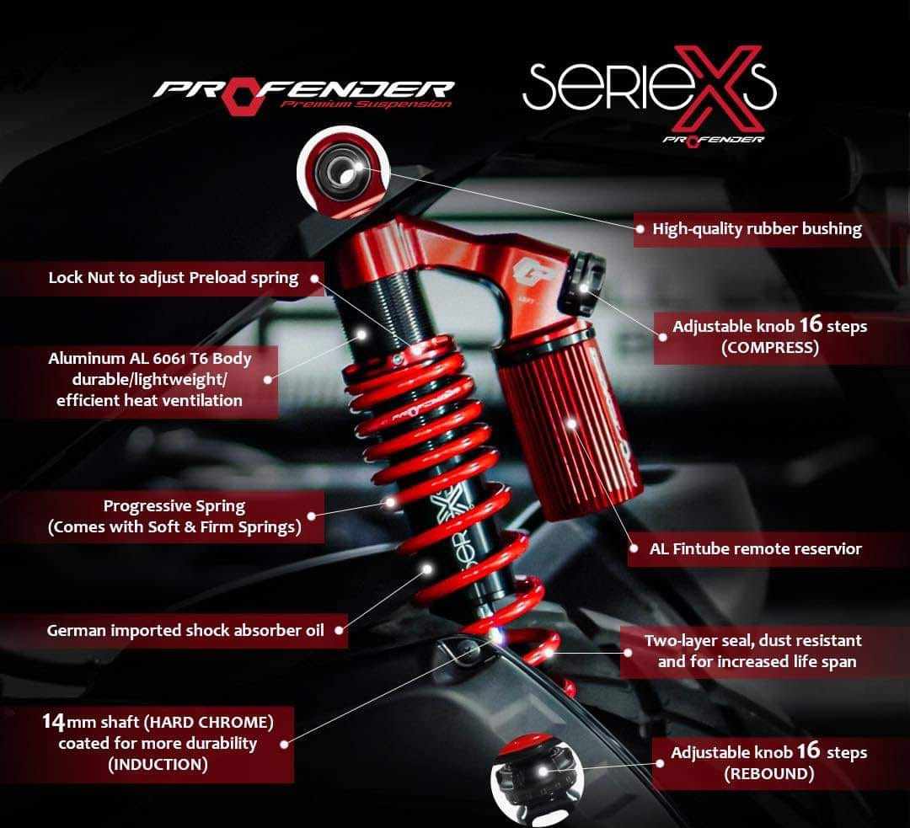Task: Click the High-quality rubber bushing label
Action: (x=757, y=229)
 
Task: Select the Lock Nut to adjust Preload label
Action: (x=174, y=278)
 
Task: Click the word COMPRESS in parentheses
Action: (x=769, y=347)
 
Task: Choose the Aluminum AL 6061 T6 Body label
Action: (x=150, y=379)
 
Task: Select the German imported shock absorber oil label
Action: (x=185, y=629)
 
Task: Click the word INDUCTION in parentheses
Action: (x=157, y=765)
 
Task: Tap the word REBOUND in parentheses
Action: (x=768, y=774)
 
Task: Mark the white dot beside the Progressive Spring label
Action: (x=312, y=517)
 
